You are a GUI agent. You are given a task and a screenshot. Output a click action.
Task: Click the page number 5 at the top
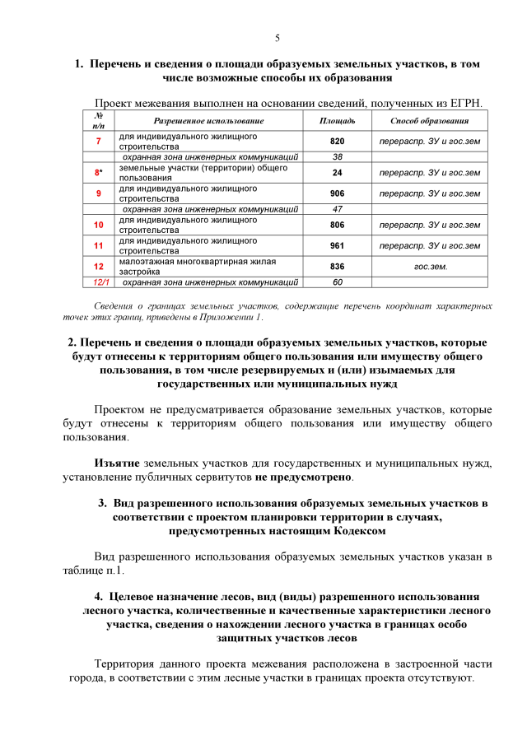click(277, 38)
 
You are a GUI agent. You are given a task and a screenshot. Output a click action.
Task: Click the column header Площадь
click(337, 121)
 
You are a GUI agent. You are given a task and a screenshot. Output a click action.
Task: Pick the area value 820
click(337, 141)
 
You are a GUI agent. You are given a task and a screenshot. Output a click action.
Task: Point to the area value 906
click(337, 193)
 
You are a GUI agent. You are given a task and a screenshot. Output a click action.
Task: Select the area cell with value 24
click(337, 172)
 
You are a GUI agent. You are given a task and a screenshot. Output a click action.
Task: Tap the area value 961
click(337, 245)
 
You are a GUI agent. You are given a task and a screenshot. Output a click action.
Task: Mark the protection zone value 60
click(337, 282)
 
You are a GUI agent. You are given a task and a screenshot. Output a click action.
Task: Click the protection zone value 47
click(337, 209)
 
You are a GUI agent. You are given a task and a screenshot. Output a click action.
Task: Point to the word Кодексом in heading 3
click(354, 531)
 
